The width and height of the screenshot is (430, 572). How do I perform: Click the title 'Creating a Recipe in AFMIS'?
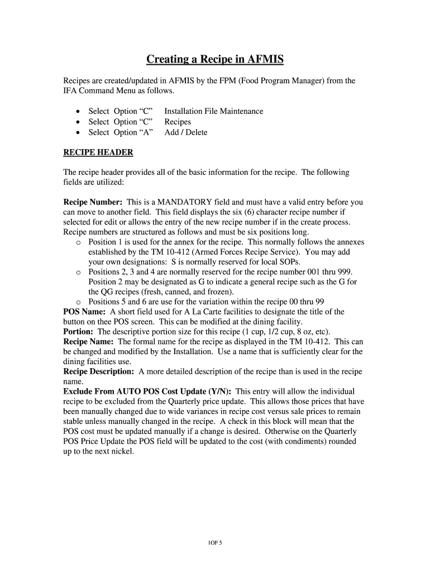(215, 59)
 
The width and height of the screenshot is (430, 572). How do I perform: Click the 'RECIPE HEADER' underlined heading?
(98, 152)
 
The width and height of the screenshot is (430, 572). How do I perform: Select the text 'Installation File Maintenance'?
(213, 111)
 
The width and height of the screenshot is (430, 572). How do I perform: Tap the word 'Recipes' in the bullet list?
(178, 122)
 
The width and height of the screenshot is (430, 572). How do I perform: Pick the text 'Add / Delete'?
(185, 132)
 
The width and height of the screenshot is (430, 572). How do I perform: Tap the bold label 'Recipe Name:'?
(89, 341)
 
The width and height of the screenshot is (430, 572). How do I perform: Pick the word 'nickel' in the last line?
(120, 452)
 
